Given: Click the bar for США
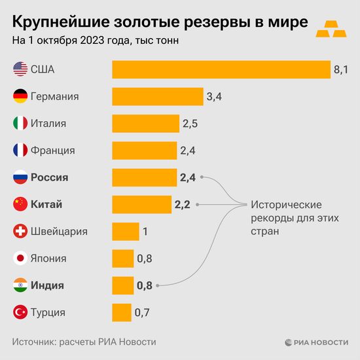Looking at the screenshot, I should coord(221,69).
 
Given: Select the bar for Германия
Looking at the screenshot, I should coord(158,96).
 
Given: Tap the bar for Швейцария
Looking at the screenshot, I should coord(126,231).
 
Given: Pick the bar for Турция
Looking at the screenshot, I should coord(122,312).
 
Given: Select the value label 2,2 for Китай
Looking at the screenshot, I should coord(182,204).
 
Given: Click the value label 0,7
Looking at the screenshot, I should coord(142,312).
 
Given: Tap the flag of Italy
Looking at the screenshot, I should coord(20,123).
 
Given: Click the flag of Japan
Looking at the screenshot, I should coord(20,258).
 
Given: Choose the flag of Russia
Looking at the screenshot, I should coord(20,177).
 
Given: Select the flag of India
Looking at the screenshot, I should coord(20,285).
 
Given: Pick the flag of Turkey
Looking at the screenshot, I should coord(20,312).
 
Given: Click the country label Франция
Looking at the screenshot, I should coord(53,151).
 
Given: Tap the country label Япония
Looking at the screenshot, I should coord(49,258).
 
